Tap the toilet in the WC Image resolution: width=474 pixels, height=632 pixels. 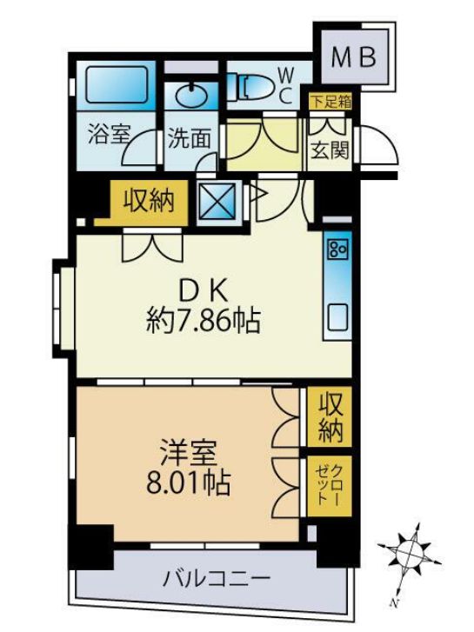pyautogui.click(x=253, y=85)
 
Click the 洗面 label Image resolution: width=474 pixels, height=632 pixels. pyautogui.click(x=189, y=139)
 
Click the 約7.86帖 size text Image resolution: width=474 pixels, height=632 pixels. pyautogui.click(x=203, y=323)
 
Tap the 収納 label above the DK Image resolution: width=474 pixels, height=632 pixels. pyautogui.click(x=148, y=202)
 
